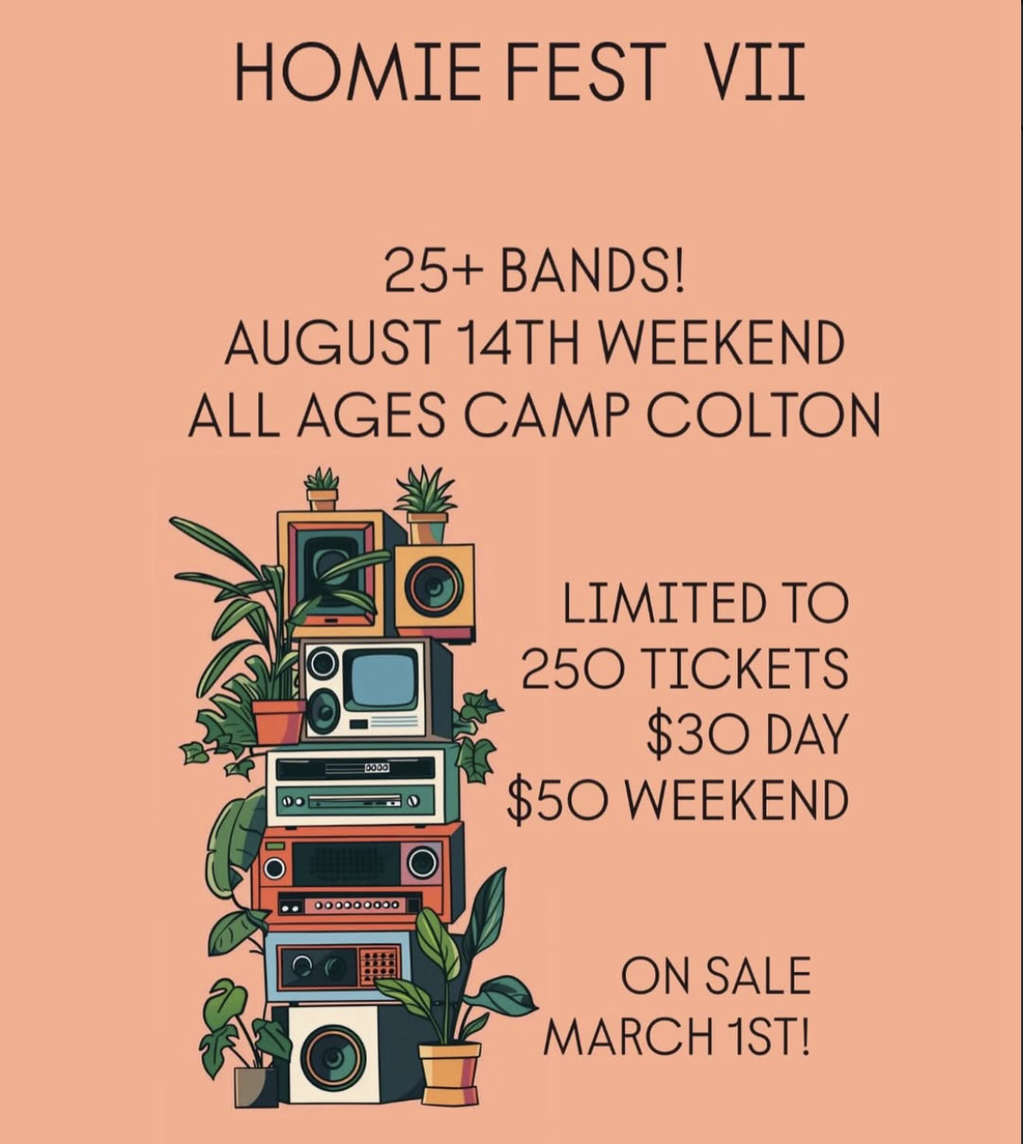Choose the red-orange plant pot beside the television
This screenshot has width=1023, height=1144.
tap(278, 721)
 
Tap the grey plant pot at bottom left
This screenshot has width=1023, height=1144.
tap(254, 1086)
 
